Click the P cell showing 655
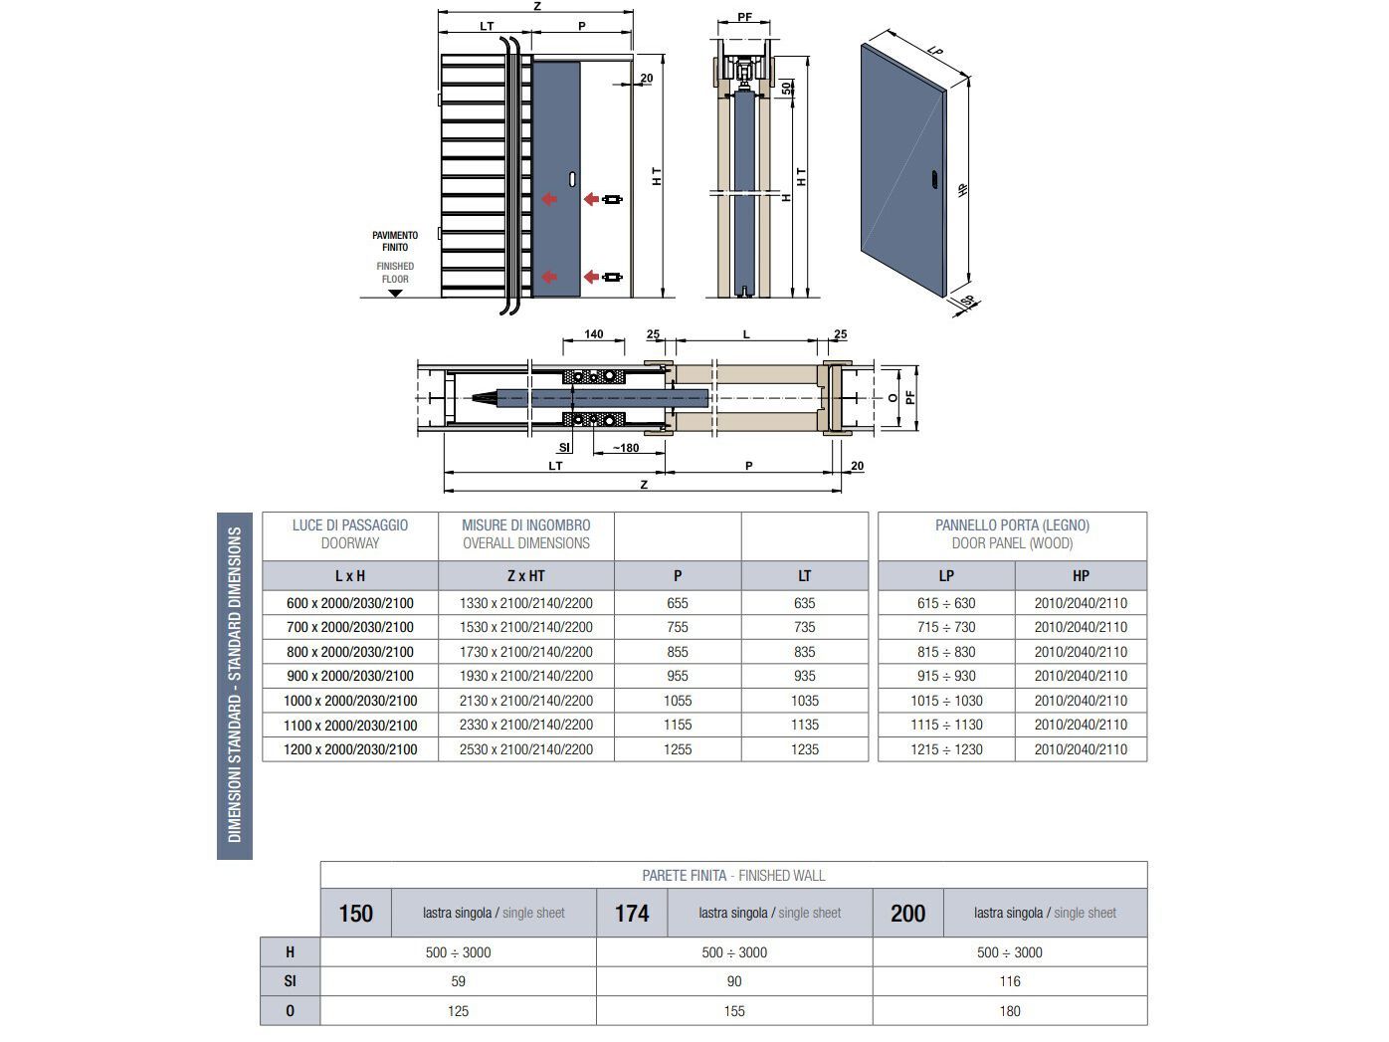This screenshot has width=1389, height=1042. pyautogui.click(x=677, y=603)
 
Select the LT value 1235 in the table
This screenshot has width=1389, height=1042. pyautogui.click(x=804, y=749)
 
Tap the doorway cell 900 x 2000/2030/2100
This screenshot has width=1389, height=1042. pyautogui.click(x=349, y=676)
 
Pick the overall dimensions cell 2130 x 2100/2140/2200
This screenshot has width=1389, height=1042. pyautogui.click(x=525, y=701)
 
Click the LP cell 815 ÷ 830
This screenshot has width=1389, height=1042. pyautogui.click(x=945, y=652)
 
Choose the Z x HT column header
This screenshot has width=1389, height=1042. pyautogui.click(x=525, y=575)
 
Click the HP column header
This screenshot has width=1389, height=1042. pyautogui.click(x=1081, y=575)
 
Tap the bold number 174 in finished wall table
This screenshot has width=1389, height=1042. pyautogui.click(x=632, y=914)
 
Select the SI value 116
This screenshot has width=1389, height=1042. pyautogui.click(x=1010, y=981)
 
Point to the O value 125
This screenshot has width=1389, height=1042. pyautogui.click(x=458, y=1011)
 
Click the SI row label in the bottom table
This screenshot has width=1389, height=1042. pyautogui.click(x=290, y=981)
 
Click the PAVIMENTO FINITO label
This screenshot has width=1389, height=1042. pyautogui.click(x=395, y=241)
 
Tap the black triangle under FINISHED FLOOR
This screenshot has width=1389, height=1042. pyautogui.click(x=395, y=293)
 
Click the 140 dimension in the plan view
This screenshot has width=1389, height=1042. pyautogui.click(x=593, y=334)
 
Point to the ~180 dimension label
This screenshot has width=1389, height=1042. pyautogui.click(x=625, y=448)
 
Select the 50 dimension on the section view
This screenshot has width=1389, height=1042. pyautogui.click(x=788, y=88)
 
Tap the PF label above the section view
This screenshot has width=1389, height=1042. pyautogui.click(x=744, y=18)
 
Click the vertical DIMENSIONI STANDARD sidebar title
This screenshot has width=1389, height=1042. pyautogui.click(x=235, y=685)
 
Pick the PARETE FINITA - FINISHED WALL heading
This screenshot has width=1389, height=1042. pyautogui.click(x=733, y=876)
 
